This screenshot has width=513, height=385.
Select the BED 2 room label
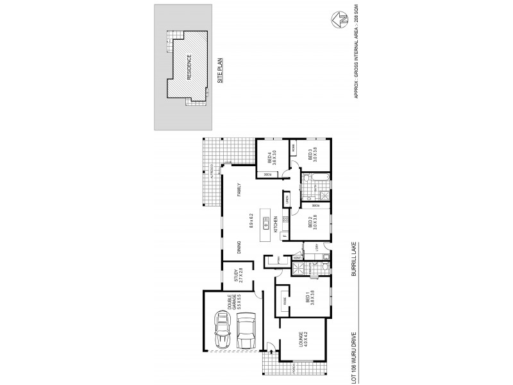click(x=310, y=223)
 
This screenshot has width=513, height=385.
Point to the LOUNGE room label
click(x=300, y=340)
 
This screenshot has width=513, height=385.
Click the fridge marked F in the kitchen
click(x=285, y=236)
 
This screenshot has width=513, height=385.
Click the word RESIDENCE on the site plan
click(x=189, y=67)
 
